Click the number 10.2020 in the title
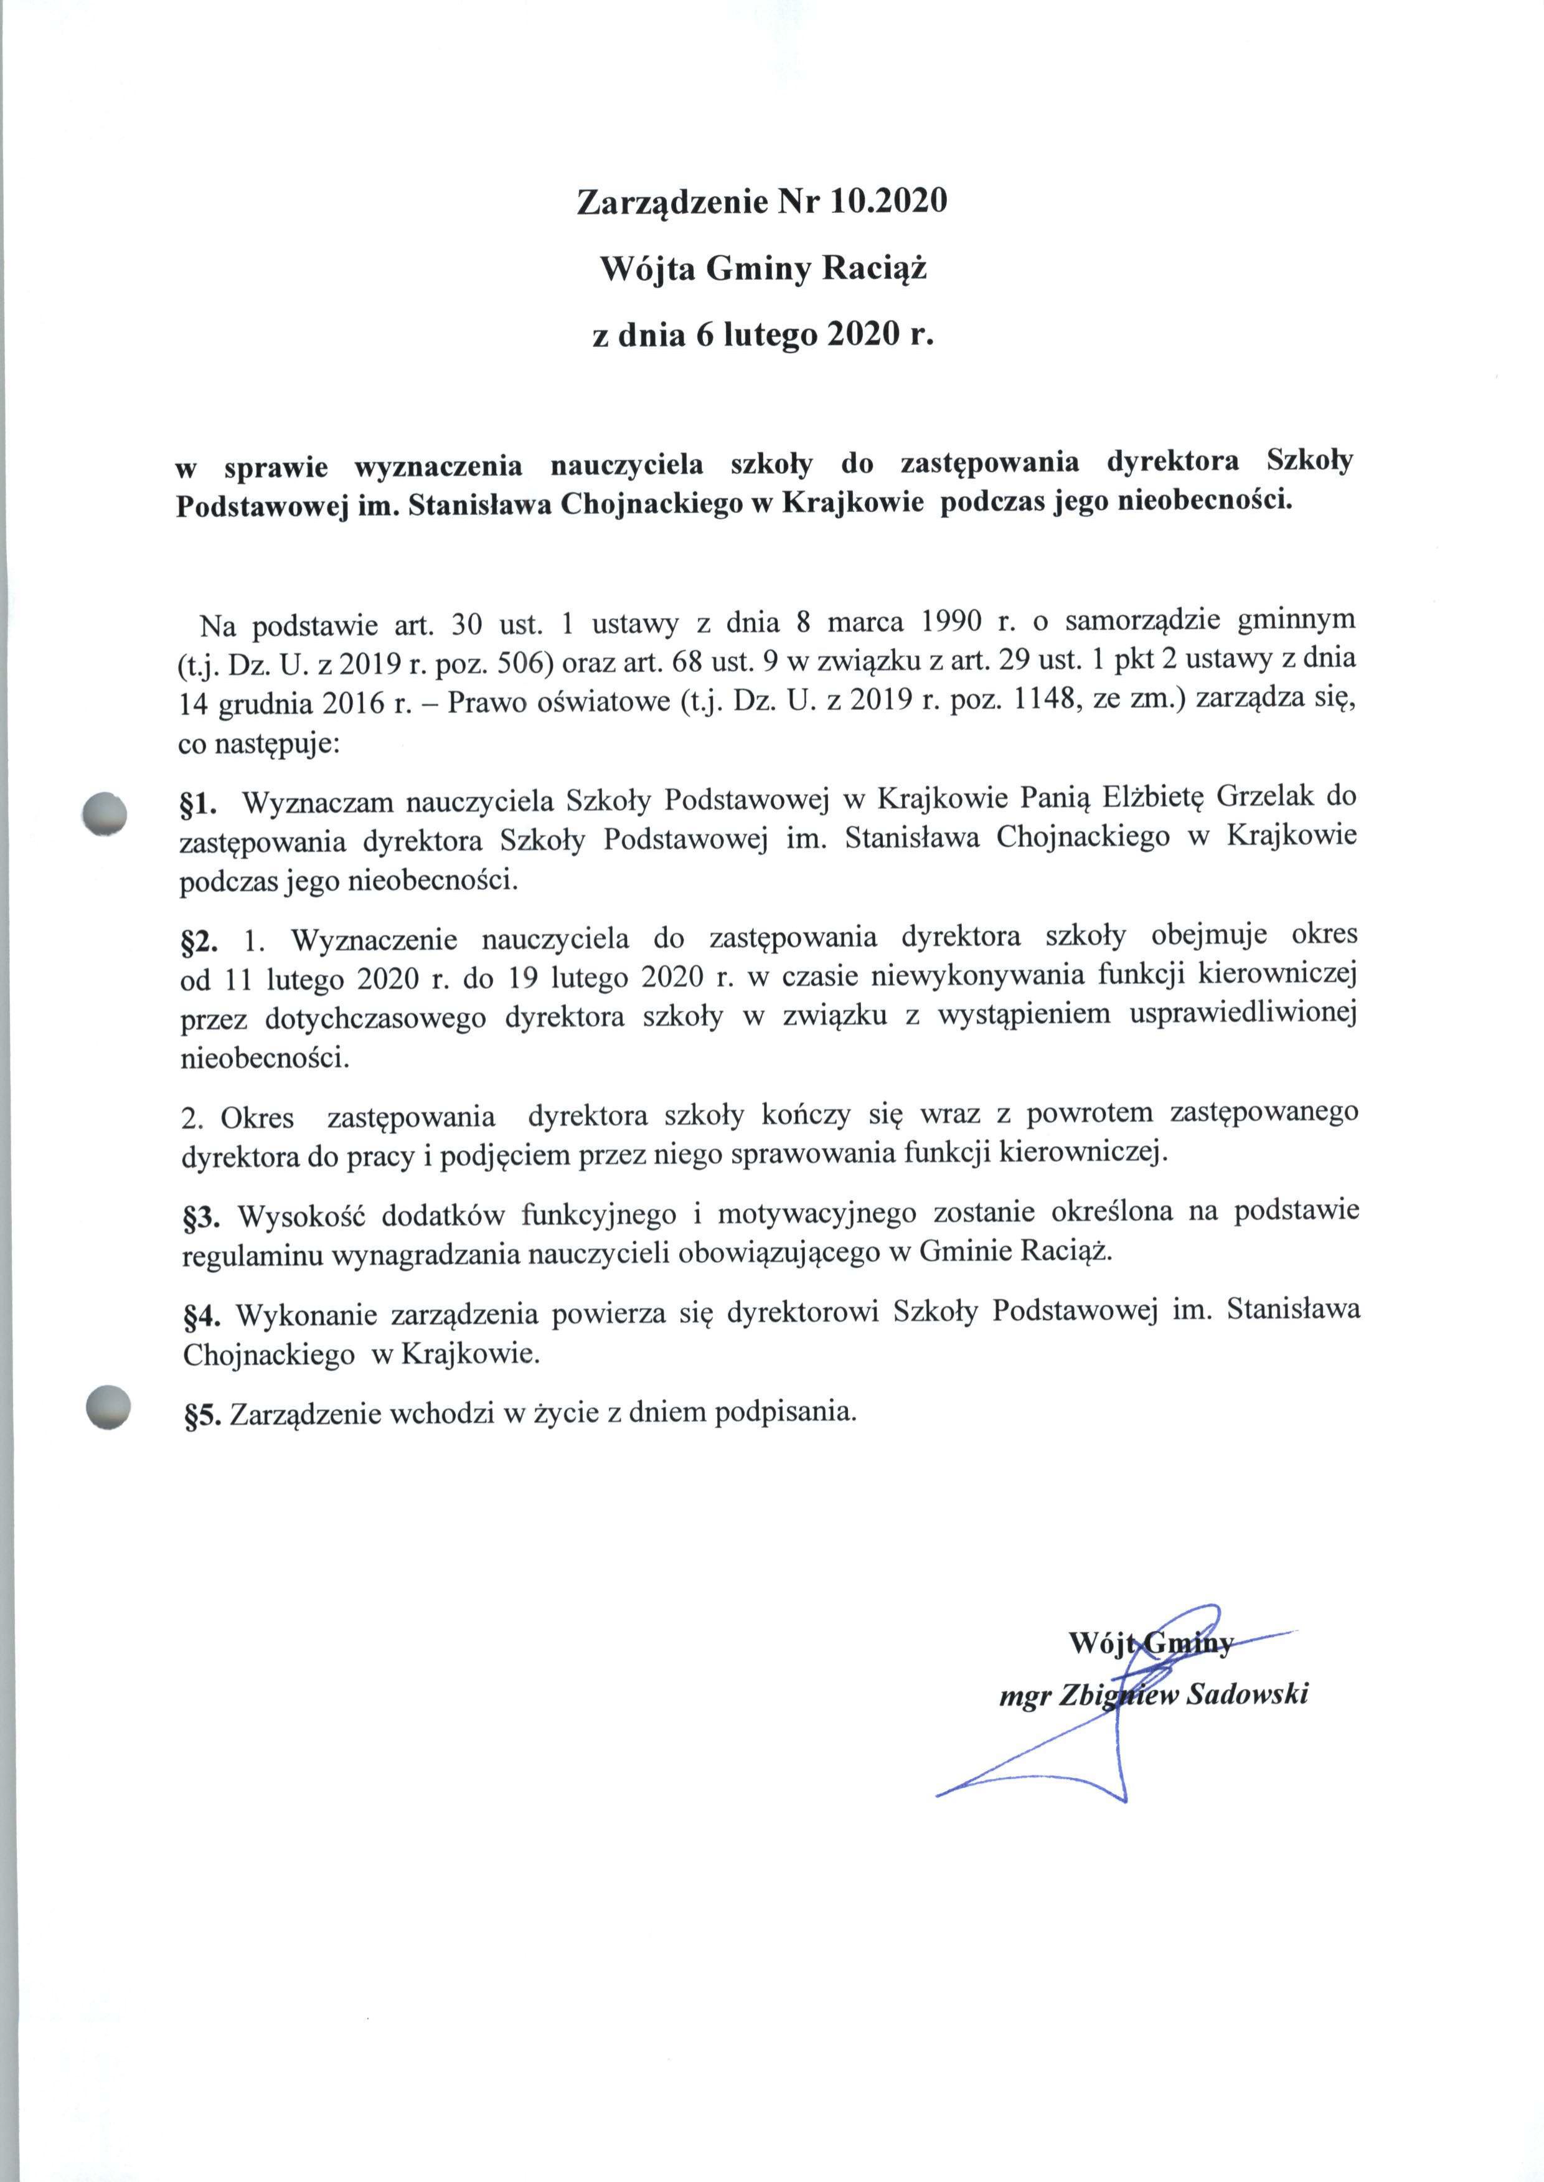click(x=888, y=202)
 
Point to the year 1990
click(x=952, y=623)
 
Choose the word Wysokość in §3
click(x=296, y=1215)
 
